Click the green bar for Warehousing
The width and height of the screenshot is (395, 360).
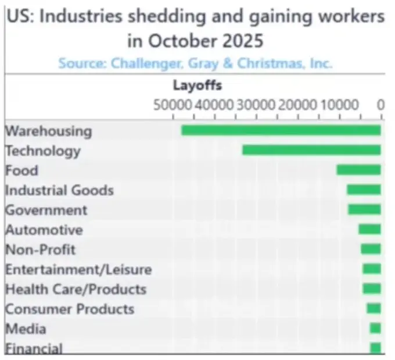click(x=281, y=130)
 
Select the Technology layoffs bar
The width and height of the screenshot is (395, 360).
click(x=311, y=150)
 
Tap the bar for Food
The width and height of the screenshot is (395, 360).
click(x=358, y=170)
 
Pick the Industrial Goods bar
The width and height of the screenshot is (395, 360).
click(x=364, y=190)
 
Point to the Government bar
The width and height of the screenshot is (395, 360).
click(x=364, y=209)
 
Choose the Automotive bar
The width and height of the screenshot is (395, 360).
click(x=369, y=229)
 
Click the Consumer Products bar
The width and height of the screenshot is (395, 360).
click(x=374, y=308)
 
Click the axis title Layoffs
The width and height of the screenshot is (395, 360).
click(x=198, y=86)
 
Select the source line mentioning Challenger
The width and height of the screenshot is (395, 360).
click(x=195, y=63)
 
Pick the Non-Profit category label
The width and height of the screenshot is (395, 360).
click(x=40, y=249)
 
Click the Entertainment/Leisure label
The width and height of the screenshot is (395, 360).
click(x=78, y=269)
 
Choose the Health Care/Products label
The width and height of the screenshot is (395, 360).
click(x=76, y=289)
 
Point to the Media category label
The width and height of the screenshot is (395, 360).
click(x=26, y=329)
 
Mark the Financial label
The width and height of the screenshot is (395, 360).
click(x=34, y=348)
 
